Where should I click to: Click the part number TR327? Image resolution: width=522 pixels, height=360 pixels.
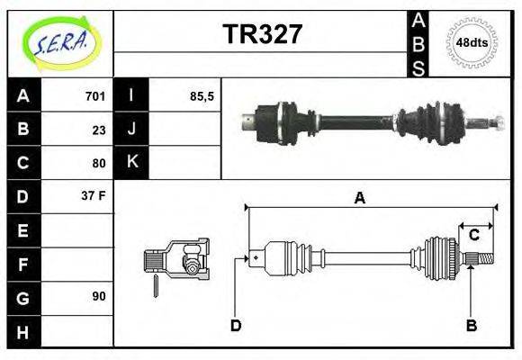pyautogui.click(x=262, y=35)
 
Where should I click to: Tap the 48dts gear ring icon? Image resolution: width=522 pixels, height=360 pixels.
pyautogui.click(x=472, y=42)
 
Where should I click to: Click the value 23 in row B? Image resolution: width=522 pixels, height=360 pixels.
pyautogui.click(x=99, y=130)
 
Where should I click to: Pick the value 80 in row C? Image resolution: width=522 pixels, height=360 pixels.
pyautogui.click(x=99, y=163)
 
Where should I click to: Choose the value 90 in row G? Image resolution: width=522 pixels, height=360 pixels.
pyautogui.click(x=99, y=296)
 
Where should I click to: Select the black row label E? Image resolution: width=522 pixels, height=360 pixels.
pyautogui.click(x=23, y=229)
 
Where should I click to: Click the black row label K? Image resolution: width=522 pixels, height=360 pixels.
pyautogui.click(x=131, y=163)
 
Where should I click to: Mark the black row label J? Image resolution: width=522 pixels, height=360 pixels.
pyautogui.click(x=131, y=130)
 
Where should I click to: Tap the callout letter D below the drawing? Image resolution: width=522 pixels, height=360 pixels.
pyautogui.click(x=236, y=325)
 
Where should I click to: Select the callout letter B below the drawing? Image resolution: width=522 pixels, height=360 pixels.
pyautogui.click(x=471, y=325)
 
